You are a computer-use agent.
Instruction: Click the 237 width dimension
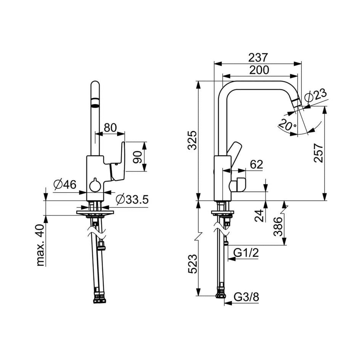pyautogui.click(x=258, y=58)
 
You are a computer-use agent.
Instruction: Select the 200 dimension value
pyautogui.click(x=259, y=70)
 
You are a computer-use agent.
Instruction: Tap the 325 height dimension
pyautogui.click(x=192, y=140)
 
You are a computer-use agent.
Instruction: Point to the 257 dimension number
pyautogui.click(x=318, y=153)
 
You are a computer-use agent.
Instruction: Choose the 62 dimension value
pyautogui.click(x=256, y=164)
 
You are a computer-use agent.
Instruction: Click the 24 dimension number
pyautogui.click(x=259, y=215)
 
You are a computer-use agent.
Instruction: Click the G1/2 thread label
pyautogui.click(x=246, y=253)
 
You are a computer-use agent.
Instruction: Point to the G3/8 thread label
pyautogui.click(x=246, y=297)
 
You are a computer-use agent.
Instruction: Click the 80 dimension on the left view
pyautogui.click(x=110, y=128)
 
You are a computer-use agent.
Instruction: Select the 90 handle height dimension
pyautogui.click(x=138, y=157)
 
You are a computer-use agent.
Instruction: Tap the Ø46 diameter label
pyautogui.click(x=65, y=184)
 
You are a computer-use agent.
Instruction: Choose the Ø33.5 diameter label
pyautogui.click(x=132, y=199)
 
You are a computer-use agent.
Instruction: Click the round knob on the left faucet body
pyautogui.click(x=95, y=185)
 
